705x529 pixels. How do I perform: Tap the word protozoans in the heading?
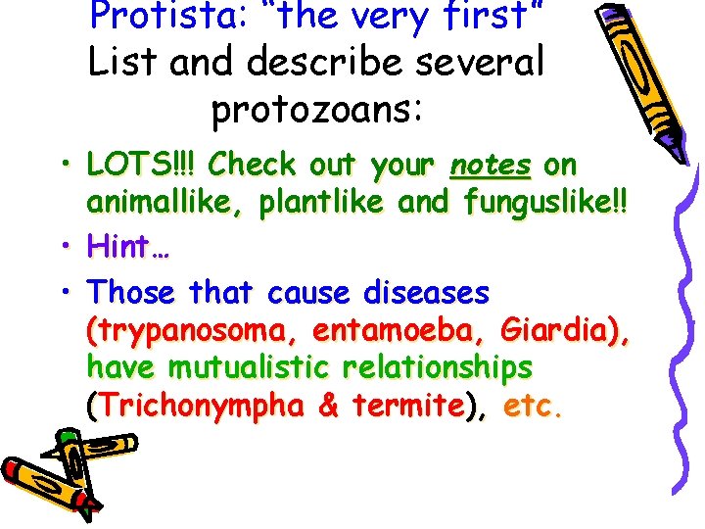[316, 109]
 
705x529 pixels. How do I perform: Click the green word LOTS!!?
[143, 163]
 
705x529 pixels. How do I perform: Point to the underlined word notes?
[490, 163]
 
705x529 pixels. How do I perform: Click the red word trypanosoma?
[184, 329]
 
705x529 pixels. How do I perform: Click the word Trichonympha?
[201, 406]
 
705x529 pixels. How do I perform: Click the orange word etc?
[533, 406]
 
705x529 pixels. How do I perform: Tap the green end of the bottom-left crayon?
[69, 436]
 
